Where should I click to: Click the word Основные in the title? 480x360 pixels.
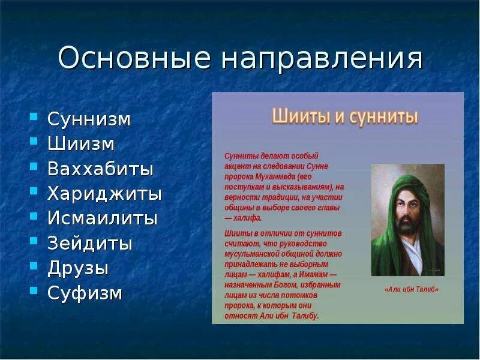pos(134,58)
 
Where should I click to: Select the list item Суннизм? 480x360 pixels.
pos(89,119)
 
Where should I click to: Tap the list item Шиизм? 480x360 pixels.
pos(81,143)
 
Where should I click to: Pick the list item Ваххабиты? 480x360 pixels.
pos(100,169)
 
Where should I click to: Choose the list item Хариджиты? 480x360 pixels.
pos(104,194)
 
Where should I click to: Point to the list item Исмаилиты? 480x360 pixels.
pos(103,218)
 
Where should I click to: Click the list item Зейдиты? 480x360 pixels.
pos(90,244)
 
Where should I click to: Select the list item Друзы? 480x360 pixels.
pos(78,268)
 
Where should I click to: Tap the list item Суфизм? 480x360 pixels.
pos(85,293)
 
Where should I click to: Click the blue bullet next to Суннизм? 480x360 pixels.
pos(34,116)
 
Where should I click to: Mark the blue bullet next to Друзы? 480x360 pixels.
pos(34,265)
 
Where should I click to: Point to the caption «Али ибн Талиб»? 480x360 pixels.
pos(412,289)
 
